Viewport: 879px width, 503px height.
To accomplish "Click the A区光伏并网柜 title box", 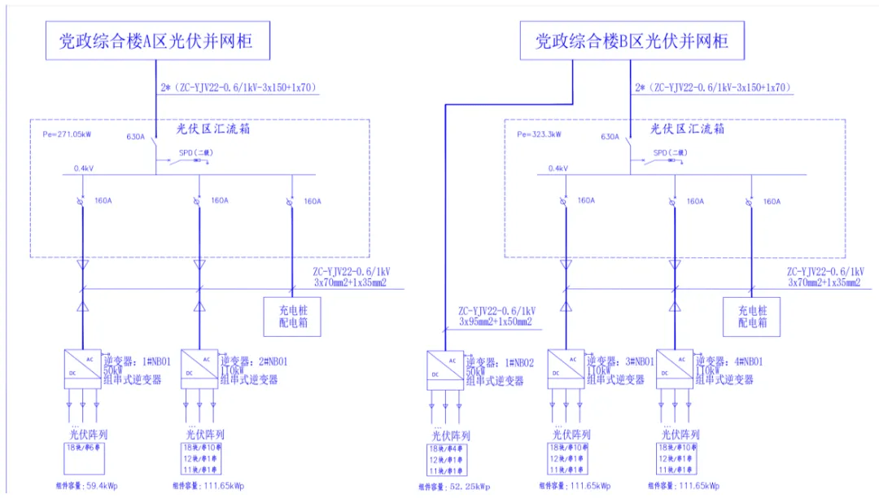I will [x=156, y=41].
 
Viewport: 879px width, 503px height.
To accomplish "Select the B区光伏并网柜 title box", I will [x=632, y=41].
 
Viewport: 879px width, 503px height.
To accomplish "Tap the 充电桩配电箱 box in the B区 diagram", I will [x=752, y=317].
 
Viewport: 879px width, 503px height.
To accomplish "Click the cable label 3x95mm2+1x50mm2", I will [x=494, y=321].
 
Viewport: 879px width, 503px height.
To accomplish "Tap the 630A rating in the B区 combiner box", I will [x=610, y=137].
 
